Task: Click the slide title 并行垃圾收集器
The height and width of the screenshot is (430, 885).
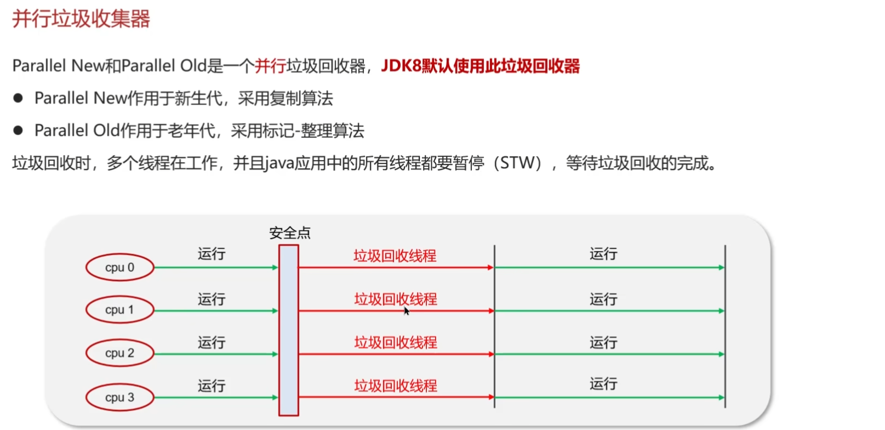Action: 81,19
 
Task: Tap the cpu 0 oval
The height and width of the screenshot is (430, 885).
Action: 119,268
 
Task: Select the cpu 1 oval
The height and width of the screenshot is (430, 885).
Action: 119,310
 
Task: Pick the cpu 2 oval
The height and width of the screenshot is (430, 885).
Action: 119,353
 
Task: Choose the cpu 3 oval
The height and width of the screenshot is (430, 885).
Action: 119,397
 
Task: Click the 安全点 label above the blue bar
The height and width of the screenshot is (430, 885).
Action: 290,233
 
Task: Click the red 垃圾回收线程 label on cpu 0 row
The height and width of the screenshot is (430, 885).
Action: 395,256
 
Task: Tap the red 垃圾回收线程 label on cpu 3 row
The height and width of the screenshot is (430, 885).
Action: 396,386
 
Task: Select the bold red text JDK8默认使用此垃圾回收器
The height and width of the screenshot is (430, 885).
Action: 480,66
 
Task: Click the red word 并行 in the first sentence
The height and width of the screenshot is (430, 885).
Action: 270,66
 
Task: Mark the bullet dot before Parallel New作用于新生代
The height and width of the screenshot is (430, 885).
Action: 18,98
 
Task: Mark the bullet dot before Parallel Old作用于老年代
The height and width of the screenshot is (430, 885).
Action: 18,131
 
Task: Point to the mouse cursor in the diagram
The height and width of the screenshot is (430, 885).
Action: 406,310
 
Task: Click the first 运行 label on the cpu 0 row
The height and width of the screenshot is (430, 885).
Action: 212,254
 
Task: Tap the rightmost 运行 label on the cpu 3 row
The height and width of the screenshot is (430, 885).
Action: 603,384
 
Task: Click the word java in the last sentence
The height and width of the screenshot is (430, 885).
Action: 279,163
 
